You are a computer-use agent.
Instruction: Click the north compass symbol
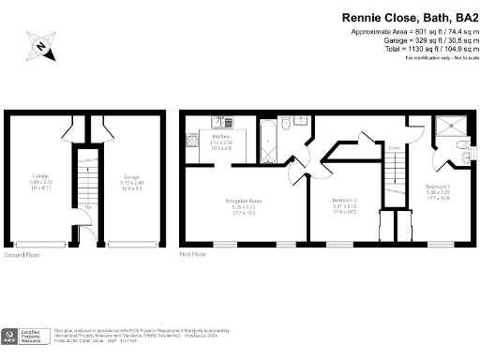[x=41, y=44]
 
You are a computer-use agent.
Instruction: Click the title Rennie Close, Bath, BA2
[x=409, y=16]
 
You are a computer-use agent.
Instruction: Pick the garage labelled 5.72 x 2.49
[x=130, y=181]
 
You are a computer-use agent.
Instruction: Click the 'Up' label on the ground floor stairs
[x=87, y=206]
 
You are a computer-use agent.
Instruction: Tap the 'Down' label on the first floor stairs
[x=395, y=147]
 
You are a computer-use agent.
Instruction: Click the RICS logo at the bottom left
[x=11, y=337]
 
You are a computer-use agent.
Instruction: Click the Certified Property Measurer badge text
[x=35, y=337]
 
